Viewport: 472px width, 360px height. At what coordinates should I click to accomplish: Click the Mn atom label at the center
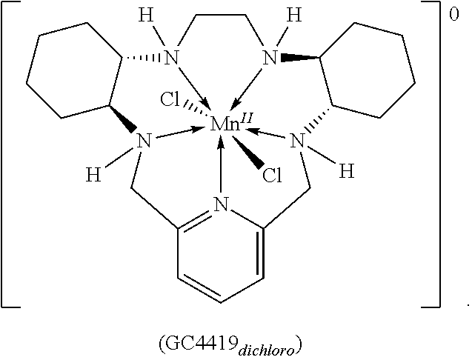click(222, 124)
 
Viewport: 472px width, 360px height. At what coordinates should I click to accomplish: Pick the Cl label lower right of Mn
click(273, 175)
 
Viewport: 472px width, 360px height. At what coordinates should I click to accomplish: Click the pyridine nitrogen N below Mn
click(220, 204)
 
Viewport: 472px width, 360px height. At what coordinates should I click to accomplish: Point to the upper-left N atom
click(173, 58)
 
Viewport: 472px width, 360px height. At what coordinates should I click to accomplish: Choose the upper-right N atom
click(270, 58)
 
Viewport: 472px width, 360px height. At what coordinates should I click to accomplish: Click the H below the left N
click(93, 176)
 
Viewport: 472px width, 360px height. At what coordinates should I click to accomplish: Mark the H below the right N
click(346, 172)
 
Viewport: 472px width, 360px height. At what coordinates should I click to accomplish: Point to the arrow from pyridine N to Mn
click(221, 167)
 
